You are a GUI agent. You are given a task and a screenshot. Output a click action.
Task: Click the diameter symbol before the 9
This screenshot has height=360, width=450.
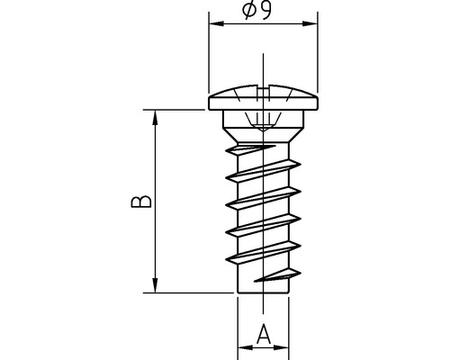pyautogui.click(x=248, y=12)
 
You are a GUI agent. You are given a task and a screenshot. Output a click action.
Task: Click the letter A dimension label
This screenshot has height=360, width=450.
pyautogui.click(x=263, y=335)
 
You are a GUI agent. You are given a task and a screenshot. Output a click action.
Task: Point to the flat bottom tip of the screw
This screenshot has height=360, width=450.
pyautogui.click(x=263, y=292)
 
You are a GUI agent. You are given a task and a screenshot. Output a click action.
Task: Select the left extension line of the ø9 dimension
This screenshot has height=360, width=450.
pyautogui.click(x=208, y=54)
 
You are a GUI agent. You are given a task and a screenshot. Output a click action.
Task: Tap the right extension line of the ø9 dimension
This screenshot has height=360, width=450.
pyautogui.click(x=317, y=54)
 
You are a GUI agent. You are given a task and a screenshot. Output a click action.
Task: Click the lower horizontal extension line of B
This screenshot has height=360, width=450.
pyautogui.click(x=189, y=292)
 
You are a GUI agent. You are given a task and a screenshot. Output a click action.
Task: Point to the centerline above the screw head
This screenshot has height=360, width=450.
pyautogui.click(x=263, y=67)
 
